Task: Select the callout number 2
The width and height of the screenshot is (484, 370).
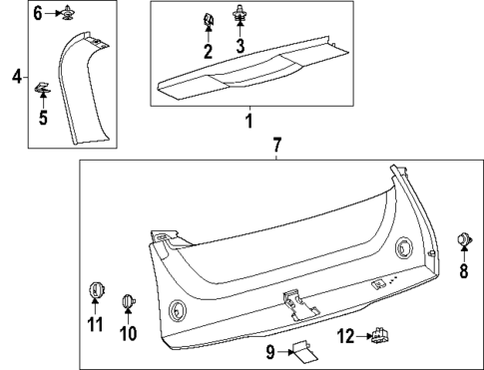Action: coord(208,51)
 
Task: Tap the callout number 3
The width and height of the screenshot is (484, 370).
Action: coord(240,48)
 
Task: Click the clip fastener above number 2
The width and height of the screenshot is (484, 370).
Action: coord(208,21)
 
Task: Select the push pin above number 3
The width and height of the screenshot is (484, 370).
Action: coord(240,15)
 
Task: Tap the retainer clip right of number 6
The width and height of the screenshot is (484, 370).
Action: coord(68,13)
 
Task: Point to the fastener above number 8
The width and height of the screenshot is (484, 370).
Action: coord(463,238)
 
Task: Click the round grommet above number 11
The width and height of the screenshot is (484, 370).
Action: coord(95,290)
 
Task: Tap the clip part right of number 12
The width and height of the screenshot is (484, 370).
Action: coord(379,338)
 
